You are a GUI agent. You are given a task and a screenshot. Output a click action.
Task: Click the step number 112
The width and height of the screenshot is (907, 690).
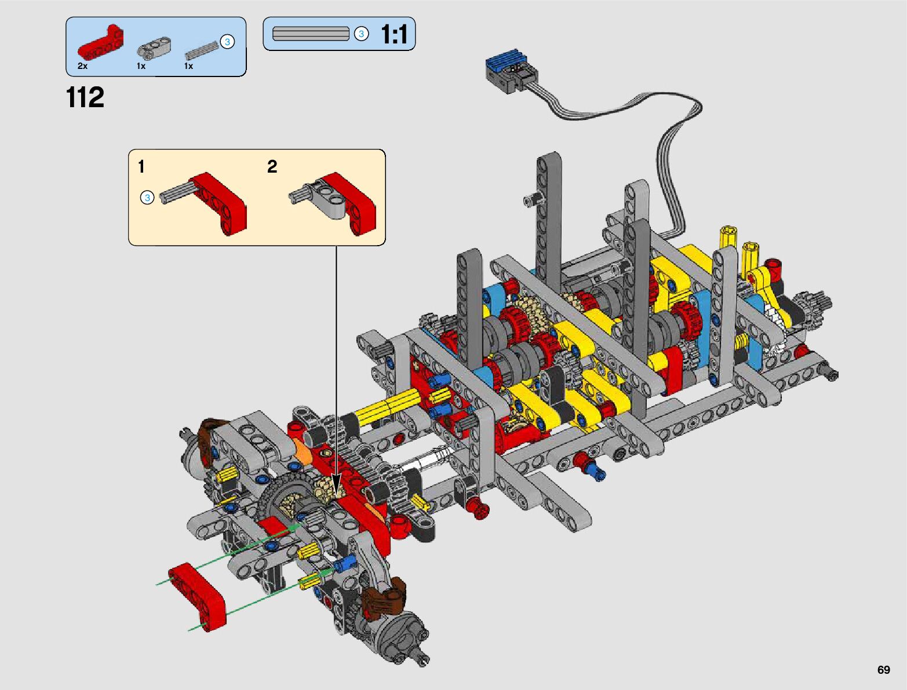click(85, 97)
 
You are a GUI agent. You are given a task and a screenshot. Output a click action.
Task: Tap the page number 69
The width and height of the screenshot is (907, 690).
click(883, 670)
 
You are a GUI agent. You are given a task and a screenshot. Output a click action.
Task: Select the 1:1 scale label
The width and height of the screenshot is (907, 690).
click(394, 34)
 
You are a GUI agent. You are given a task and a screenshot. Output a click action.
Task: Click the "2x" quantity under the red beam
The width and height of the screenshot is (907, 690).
click(82, 66)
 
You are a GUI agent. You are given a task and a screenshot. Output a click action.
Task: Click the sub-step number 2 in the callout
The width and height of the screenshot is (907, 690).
click(272, 167)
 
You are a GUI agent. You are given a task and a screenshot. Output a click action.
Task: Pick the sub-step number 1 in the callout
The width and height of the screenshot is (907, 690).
click(141, 167)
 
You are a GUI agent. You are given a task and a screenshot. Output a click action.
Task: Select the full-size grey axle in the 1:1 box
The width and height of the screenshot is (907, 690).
click(311, 34)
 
